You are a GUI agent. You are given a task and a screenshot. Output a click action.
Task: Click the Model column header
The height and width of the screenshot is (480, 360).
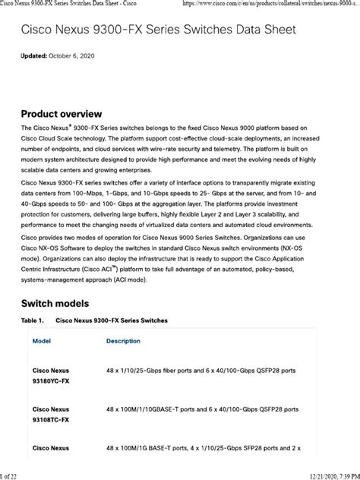[42, 341]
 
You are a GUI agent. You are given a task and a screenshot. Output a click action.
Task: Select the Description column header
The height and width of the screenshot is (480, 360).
[123, 341]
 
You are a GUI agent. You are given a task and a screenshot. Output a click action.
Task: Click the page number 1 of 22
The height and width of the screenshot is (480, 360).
[11, 475]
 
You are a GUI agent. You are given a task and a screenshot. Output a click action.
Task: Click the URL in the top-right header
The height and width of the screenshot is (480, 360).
[269, 5]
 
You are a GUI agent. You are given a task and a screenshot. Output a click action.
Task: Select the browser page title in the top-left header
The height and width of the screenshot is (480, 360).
[71, 5]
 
